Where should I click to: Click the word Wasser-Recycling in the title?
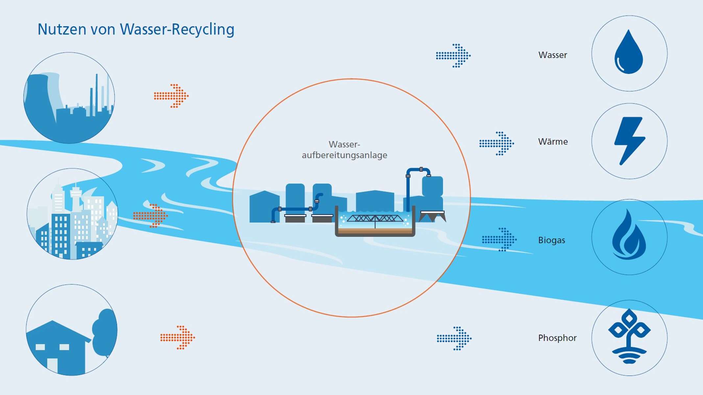[x=177, y=30]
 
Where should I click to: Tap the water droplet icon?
[x=628, y=53]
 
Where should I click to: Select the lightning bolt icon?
[x=629, y=141]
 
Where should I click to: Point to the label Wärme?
[x=553, y=142]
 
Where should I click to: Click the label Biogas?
[x=551, y=240]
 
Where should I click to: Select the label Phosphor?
[x=557, y=338]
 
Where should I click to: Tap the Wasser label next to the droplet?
[x=552, y=55]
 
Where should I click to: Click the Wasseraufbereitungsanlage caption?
[x=344, y=150]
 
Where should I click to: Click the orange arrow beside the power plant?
[x=171, y=96]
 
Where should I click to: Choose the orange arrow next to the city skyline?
[x=150, y=216]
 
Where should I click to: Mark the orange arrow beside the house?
[x=178, y=337]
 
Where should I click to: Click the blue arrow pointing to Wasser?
[x=453, y=56]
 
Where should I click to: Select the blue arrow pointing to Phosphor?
[x=454, y=338]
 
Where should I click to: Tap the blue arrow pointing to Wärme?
[x=497, y=144]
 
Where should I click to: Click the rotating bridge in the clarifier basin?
[x=375, y=219]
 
